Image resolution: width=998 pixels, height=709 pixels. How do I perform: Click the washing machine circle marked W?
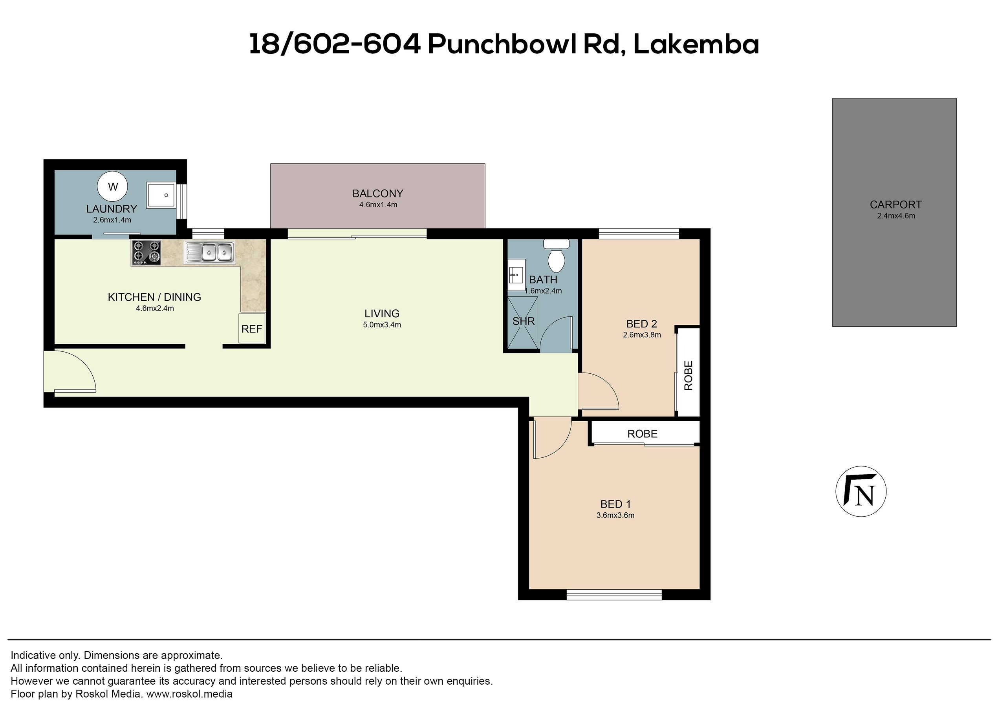pos(113,187)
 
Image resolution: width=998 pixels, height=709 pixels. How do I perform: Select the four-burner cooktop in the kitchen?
pos(146,253)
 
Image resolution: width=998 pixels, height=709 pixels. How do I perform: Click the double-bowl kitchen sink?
pos(209,252)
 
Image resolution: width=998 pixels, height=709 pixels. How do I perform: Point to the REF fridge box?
pos(252,329)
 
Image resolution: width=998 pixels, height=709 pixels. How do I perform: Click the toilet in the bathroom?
pos(556,256)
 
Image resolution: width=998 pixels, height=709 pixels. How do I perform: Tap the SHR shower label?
pos(523,321)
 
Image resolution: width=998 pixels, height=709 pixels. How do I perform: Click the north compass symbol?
pos(861,492)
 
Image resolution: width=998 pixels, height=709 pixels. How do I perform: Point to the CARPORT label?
pos(896,204)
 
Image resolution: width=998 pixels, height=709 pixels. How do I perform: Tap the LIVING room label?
pos(382,313)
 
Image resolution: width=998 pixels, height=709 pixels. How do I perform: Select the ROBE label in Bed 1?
pos(643,433)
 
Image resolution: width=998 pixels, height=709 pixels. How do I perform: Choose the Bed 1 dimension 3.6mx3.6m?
pos(615,515)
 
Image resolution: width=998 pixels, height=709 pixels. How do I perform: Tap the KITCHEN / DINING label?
pos(155,297)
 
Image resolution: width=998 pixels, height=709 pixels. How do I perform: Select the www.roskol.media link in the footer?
pos(189,694)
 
